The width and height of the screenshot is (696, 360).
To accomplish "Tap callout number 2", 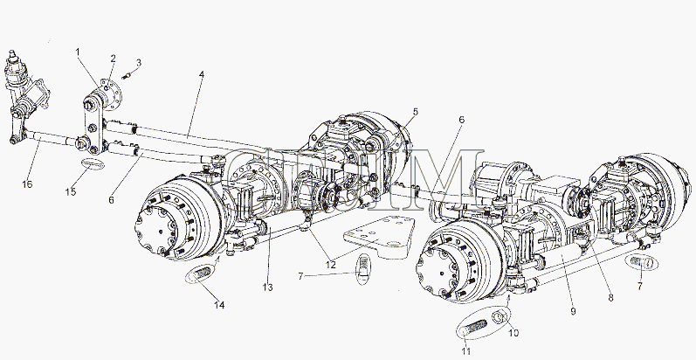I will (x=114, y=59).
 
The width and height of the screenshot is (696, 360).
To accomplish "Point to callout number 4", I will (x=201, y=75).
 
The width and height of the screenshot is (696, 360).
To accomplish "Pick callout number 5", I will (x=416, y=112).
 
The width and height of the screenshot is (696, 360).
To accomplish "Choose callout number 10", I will (x=514, y=333).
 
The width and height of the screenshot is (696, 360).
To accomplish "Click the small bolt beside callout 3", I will (x=127, y=75).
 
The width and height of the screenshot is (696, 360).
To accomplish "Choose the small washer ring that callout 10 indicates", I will (x=503, y=316).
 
